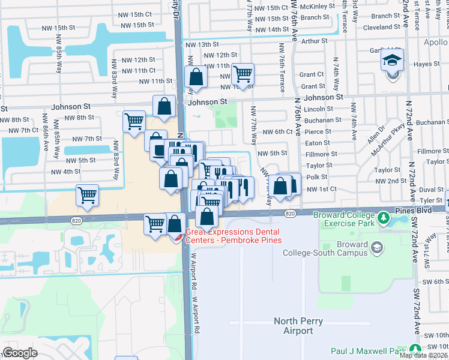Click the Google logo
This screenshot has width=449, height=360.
[20, 353]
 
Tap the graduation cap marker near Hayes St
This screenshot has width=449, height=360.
[392, 62]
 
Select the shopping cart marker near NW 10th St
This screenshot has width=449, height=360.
[243, 74]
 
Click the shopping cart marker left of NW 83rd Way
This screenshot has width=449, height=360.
[88, 196]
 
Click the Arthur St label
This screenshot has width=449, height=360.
[315, 41]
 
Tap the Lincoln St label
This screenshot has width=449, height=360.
[318, 109]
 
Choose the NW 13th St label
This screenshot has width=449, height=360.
[201, 44]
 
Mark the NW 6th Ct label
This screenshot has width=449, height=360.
[275, 131]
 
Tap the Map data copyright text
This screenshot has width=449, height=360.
[422, 355]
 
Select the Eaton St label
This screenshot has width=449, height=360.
[318, 143]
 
